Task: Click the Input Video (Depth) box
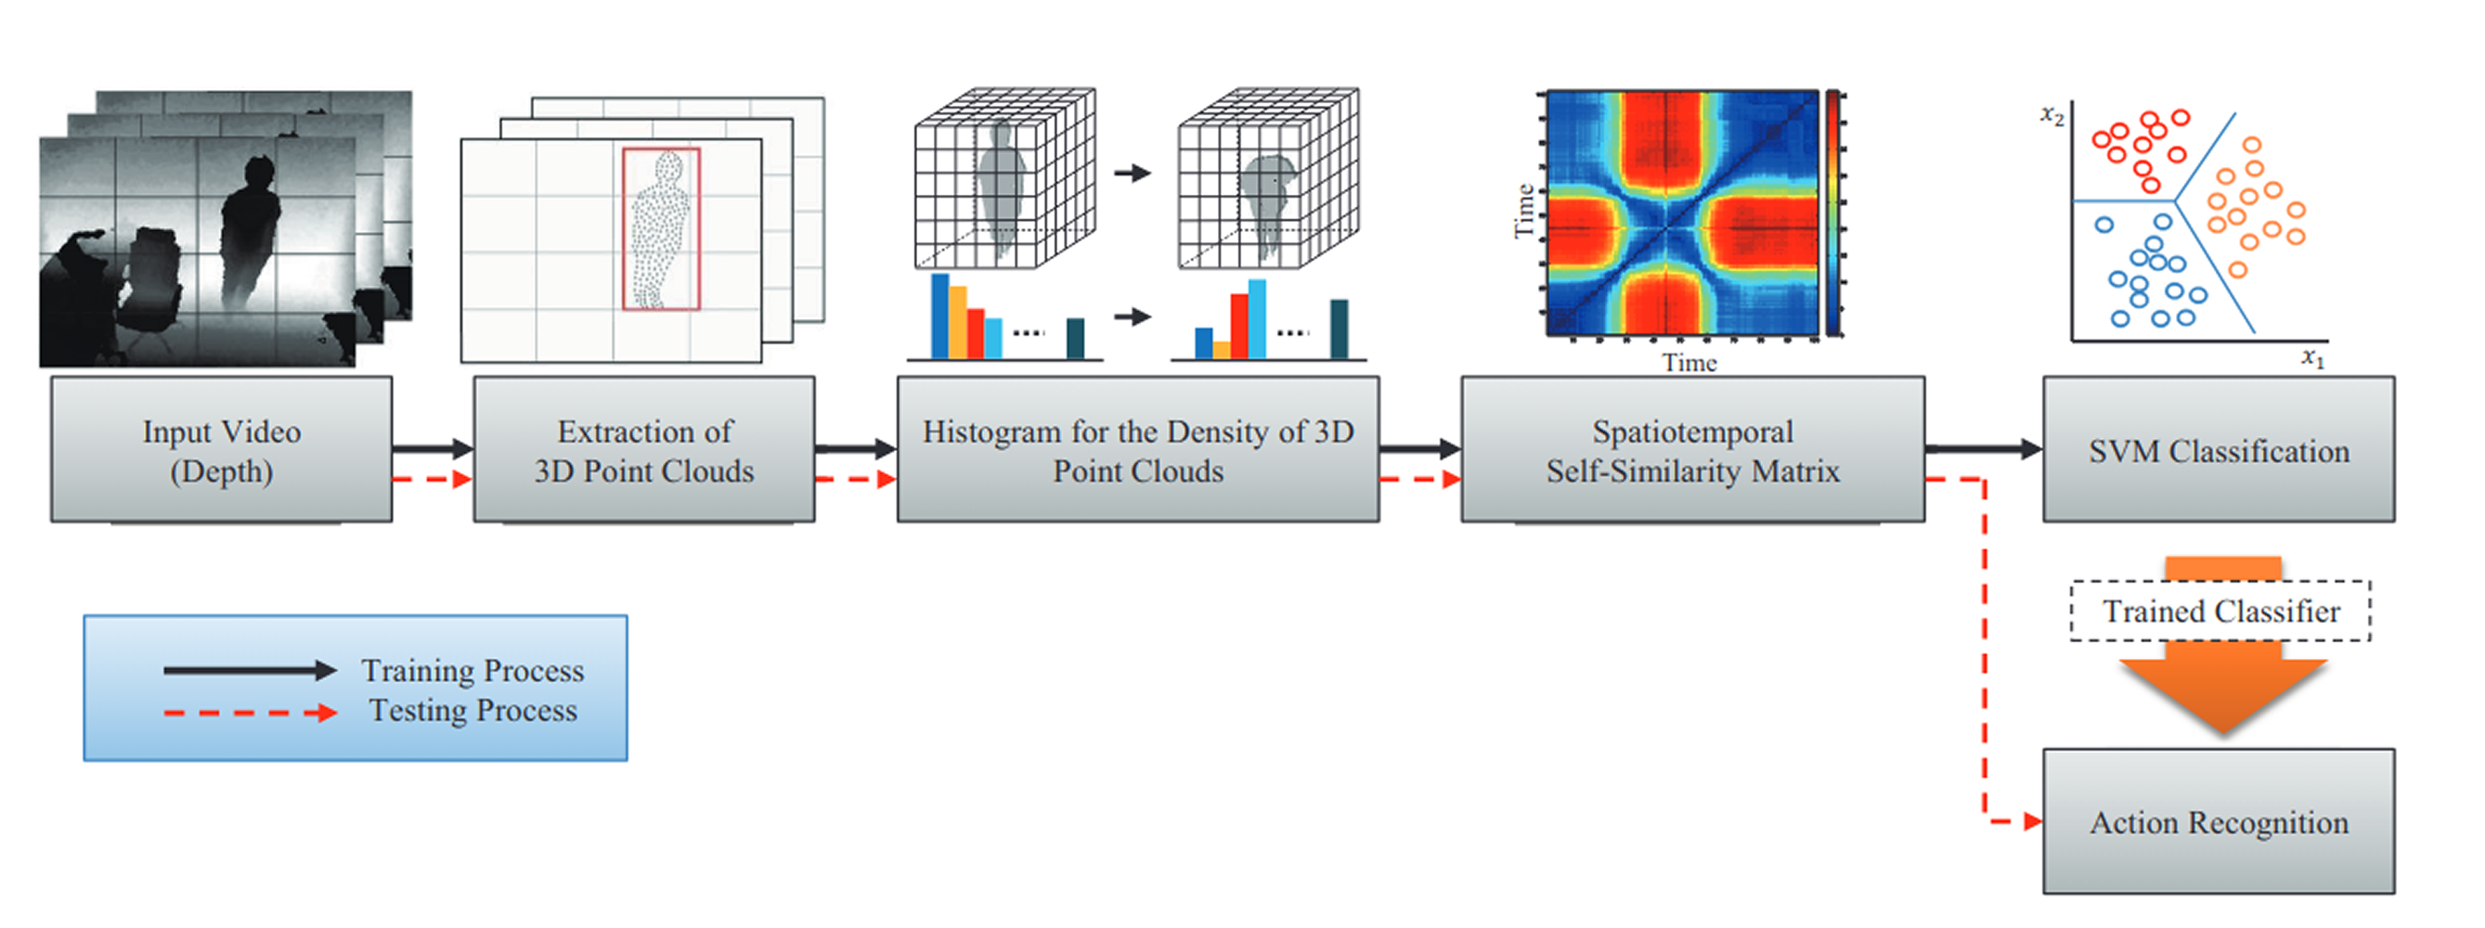click(222, 449)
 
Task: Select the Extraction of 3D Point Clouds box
click(644, 449)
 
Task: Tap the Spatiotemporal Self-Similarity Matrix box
click(1693, 449)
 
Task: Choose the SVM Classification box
click(2219, 449)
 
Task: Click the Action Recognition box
click(2219, 822)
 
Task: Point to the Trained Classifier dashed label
click(2220, 611)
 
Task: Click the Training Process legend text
click(472, 670)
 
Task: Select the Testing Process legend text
click(472, 711)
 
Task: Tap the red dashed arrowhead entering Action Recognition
click(2033, 822)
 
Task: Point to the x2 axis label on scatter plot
click(2051, 116)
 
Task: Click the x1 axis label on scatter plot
click(2313, 358)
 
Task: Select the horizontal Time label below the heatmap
click(1689, 363)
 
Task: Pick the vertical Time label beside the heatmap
click(1524, 211)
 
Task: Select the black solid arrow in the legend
click(250, 670)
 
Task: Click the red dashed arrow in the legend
click(250, 713)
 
